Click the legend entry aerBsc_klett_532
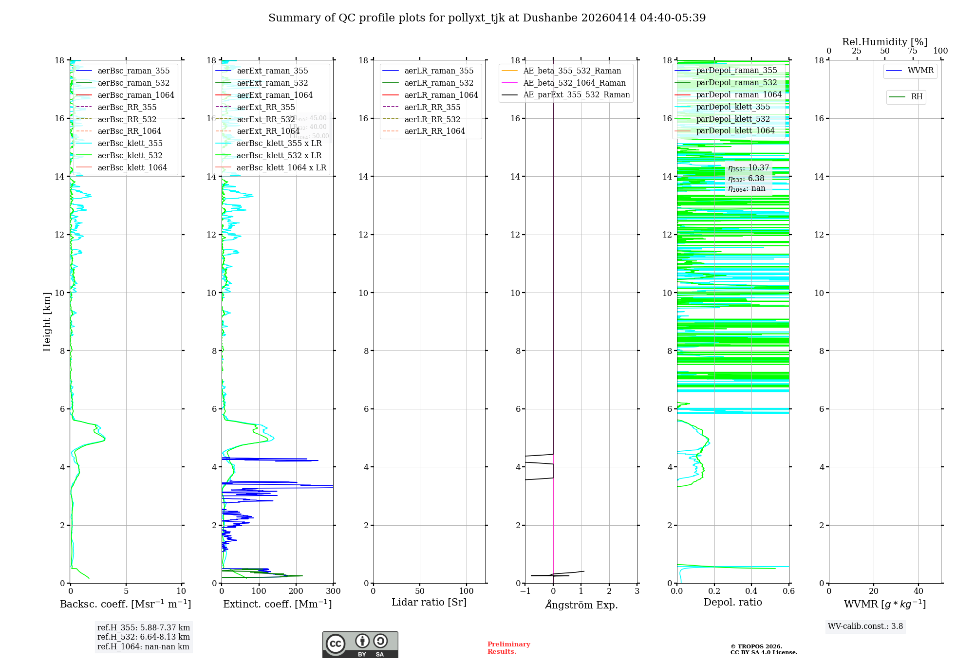pos(130,156)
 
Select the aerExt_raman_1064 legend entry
pos(275,95)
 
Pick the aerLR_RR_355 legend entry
pos(432,108)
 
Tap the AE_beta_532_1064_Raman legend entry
pos(574,83)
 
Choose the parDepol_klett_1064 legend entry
pos(735,131)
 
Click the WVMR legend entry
pos(920,71)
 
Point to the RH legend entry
pos(917,97)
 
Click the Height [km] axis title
pos(47,322)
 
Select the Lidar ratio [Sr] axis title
pos(429,603)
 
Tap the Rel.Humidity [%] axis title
pos(884,42)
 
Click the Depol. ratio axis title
pos(732,603)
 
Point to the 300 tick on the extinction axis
pos(334,591)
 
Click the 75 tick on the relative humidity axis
pos(913,51)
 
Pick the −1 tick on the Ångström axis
pos(525,591)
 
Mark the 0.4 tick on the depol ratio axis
pos(751,591)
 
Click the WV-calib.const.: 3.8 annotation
pos(865,626)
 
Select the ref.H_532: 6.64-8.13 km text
pos(144,637)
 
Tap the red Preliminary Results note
pos(508,648)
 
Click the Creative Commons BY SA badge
pos(360,645)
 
